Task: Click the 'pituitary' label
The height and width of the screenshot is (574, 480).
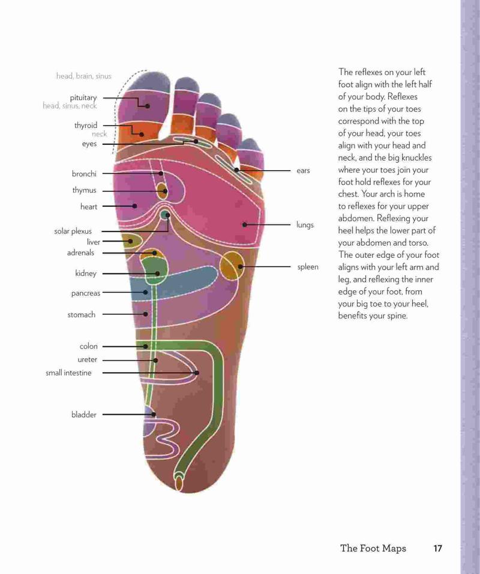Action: click(83, 98)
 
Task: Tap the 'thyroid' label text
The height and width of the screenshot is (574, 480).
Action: click(86, 126)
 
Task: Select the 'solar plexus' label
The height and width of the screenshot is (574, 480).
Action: click(73, 231)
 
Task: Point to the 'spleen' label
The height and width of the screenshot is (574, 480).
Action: click(308, 267)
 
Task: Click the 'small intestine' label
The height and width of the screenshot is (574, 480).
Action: click(68, 373)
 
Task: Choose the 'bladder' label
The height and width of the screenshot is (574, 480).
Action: click(83, 414)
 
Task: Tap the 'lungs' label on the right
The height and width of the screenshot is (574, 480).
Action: click(305, 225)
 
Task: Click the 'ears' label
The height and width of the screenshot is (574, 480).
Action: click(303, 171)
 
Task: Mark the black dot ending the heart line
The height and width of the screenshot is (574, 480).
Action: click(135, 206)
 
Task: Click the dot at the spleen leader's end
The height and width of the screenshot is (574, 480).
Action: click(240, 266)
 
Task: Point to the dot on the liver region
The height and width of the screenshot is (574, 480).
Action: click(130, 241)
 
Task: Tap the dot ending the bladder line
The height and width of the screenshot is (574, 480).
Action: click(154, 414)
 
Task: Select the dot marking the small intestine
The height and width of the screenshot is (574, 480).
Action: click(197, 373)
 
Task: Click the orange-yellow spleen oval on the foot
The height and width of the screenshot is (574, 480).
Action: click(232, 266)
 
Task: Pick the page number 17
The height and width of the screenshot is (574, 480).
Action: click(437, 548)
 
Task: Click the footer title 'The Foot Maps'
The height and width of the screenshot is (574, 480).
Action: click(373, 548)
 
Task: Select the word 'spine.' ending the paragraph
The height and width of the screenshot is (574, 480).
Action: click(397, 316)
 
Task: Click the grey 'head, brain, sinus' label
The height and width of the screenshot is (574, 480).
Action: click(83, 76)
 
